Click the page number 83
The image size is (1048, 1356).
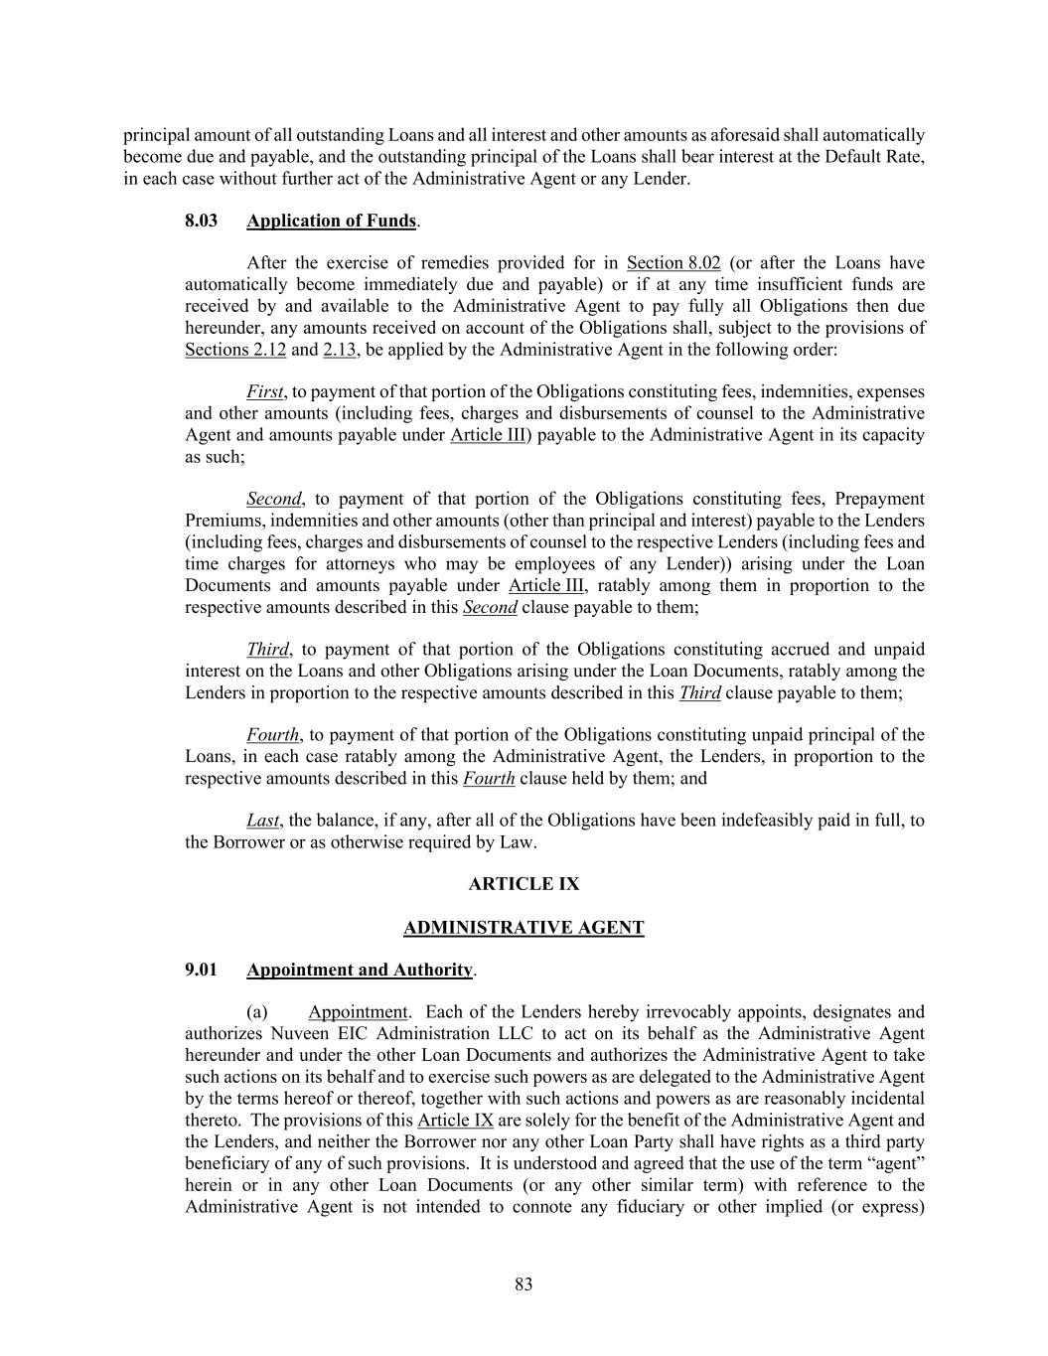pyautogui.click(x=524, y=1284)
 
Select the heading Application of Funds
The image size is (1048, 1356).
pyautogui.click(x=331, y=221)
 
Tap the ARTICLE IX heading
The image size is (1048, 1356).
pyautogui.click(x=524, y=884)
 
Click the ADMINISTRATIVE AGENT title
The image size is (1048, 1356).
pyautogui.click(x=524, y=928)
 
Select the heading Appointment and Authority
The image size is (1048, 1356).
pyautogui.click(x=360, y=970)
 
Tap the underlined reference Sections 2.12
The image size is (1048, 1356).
pyautogui.click(x=235, y=350)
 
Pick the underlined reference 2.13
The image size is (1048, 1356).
pyautogui.click(x=341, y=350)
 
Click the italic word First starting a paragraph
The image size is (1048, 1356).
pyautogui.click(x=264, y=392)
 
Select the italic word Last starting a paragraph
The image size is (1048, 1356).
pyautogui.click(x=263, y=821)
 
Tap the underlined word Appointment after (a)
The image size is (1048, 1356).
pyautogui.click(x=358, y=1012)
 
